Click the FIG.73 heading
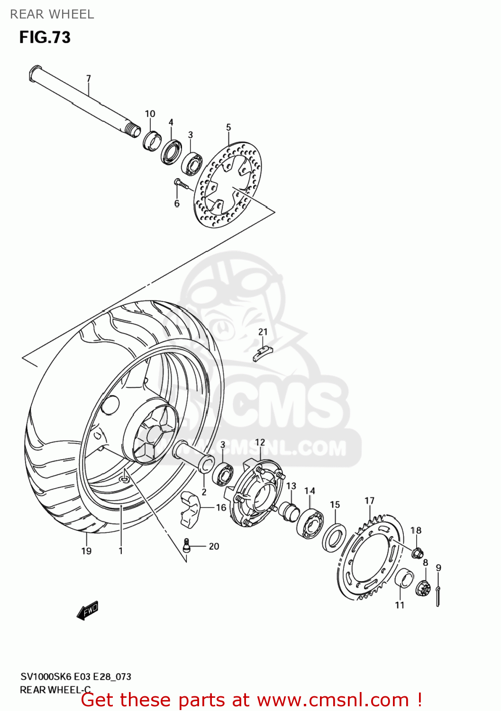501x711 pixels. pos(45,37)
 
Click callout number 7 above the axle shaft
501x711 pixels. pos(88,78)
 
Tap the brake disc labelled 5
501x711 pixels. pos(228,185)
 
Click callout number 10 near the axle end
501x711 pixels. pos(150,114)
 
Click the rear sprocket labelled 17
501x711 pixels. pos(372,559)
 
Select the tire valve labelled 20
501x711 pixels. pos(187,545)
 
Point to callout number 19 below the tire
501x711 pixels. pos(86,551)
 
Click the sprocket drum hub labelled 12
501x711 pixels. pos(256,493)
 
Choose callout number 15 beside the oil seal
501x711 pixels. pos(335,505)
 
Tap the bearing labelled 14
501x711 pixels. pos(310,521)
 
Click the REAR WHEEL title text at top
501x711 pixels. pos(52,14)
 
